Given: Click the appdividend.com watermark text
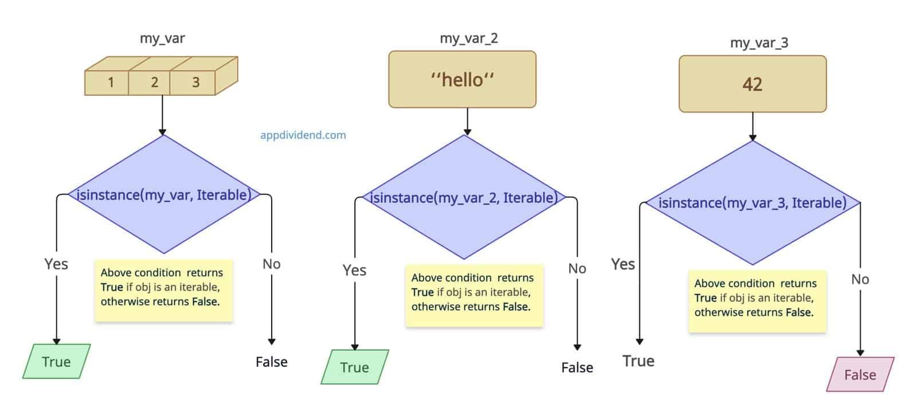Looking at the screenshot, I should point(303,135).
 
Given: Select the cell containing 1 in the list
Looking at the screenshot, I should point(110,82).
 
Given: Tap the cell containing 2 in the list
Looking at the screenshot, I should point(154,82).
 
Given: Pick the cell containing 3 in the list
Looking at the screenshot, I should point(195,82).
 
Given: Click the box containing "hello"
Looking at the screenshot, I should point(462,80).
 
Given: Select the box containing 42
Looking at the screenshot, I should point(752,84).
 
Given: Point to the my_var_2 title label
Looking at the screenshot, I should point(468,38).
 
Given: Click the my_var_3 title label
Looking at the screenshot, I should point(758,42).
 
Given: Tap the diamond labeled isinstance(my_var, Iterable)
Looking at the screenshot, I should point(163,195).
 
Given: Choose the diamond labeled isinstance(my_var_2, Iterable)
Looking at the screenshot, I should point(464,198).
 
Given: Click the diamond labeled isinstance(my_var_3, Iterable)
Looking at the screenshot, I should point(752,202).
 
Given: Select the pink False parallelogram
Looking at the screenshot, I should point(860,375).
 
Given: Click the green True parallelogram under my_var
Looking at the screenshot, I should point(56,362).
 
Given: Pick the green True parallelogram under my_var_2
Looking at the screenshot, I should point(354,368).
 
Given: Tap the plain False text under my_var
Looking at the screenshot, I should point(271,362).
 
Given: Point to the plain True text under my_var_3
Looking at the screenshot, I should point(638,361).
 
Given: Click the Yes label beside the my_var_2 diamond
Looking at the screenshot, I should point(354,270).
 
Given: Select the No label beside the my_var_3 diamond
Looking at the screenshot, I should point(860,279).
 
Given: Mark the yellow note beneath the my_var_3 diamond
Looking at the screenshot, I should point(757,301).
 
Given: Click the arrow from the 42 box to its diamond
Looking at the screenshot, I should point(753,126).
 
